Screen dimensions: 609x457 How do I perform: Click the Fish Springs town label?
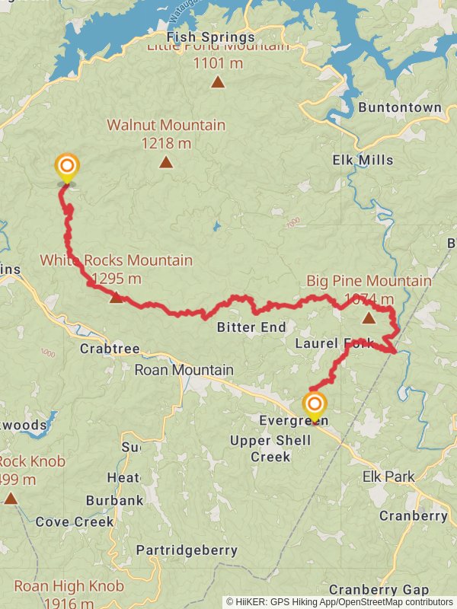(211, 37)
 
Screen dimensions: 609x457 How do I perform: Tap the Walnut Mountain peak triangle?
(165, 162)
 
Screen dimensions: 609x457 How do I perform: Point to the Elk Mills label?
(363, 160)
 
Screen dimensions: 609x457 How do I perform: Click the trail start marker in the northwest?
(67, 167)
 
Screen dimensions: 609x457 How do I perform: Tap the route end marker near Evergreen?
(314, 404)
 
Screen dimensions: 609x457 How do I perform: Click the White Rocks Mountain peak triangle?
(116, 297)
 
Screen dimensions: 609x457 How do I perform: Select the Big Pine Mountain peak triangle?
(369, 317)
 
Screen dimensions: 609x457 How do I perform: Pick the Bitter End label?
(251, 327)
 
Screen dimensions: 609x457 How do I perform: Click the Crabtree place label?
(110, 349)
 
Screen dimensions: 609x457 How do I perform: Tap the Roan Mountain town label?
(184, 370)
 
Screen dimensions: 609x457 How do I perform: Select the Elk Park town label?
(388, 477)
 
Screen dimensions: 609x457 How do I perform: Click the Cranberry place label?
(413, 515)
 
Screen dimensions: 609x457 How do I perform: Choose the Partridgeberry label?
(187, 550)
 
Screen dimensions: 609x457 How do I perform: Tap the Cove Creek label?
(75, 521)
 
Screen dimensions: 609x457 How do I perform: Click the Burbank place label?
(114, 500)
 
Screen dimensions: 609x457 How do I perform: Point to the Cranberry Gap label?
(379, 589)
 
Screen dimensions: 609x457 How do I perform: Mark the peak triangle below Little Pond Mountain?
(218, 82)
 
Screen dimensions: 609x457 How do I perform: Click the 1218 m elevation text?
(166, 142)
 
